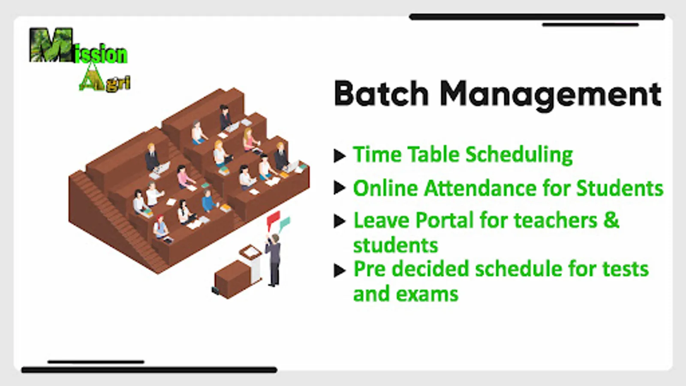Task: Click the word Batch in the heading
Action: [x=381, y=93]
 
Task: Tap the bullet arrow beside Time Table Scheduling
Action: [x=340, y=156]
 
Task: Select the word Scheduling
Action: [x=519, y=155]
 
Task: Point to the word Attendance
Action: [x=480, y=188]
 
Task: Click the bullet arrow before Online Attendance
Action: [x=340, y=187]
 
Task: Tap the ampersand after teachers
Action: [x=611, y=220]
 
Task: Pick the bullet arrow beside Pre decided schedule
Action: [x=340, y=270]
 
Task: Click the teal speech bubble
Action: [x=285, y=223]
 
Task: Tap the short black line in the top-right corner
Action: [x=590, y=25]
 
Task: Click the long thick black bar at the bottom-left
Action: [x=149, y=370]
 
